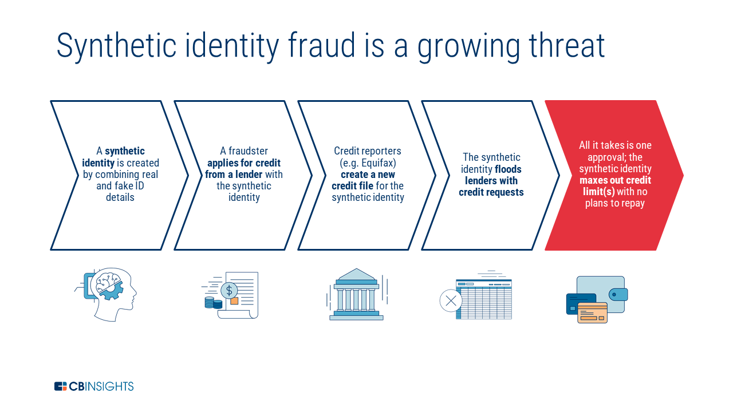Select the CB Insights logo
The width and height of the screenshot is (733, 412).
tap(94, 386)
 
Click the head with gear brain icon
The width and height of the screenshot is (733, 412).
tap(112, 295)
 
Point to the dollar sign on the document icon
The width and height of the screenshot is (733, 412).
tap(229, 290)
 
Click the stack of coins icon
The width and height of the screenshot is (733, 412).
tap(213, 303)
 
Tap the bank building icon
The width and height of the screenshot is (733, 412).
tap(356, 295)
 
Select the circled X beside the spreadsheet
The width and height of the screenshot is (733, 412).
tap(451, 300)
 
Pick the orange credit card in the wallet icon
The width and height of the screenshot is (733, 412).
tap(592, 312)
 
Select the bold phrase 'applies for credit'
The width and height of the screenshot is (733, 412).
tap(244, 163)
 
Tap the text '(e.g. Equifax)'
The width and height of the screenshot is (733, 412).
tap(368, 163)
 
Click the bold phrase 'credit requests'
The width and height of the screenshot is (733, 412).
tap(491, 192)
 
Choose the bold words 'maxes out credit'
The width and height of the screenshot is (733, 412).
tap(615, 180)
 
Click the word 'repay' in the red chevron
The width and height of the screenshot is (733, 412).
tap(632, 203)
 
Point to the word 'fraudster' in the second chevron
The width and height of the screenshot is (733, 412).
tap(249, 151)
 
